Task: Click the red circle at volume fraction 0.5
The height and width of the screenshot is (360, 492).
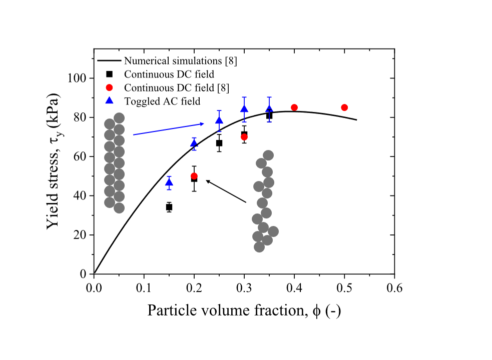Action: pyautogui.click(x=344, y=107)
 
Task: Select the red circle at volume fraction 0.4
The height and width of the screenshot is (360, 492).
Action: pyautogui.click(x=294, y=107)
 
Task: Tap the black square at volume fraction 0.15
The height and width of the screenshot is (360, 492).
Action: pyautogui.click(x=169, y=207)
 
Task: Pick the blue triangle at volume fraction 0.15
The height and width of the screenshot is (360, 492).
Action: pyautogui.click(x=169, y=182)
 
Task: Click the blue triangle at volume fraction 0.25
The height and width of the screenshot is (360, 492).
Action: pyautogui.click(x=219, y=120)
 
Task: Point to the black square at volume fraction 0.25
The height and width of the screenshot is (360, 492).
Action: pyautogui.click(x=219, y=143)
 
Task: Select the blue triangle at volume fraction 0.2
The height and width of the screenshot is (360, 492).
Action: pyautogui.click(x=194, y=144)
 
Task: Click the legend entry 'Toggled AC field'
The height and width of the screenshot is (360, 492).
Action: pyautogui.click(x=162, y=101)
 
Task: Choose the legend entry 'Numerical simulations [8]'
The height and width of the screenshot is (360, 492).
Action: pyautogui.click(x=181, y=61)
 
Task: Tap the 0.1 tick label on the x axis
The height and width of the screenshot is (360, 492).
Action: pyautogui.click(x=144, y=288)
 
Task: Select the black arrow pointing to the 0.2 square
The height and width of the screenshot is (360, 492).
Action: pyautogui.click(x=226, y=191)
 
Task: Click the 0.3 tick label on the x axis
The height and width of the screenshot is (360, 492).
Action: pyautogui.click(x=244, y=288)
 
